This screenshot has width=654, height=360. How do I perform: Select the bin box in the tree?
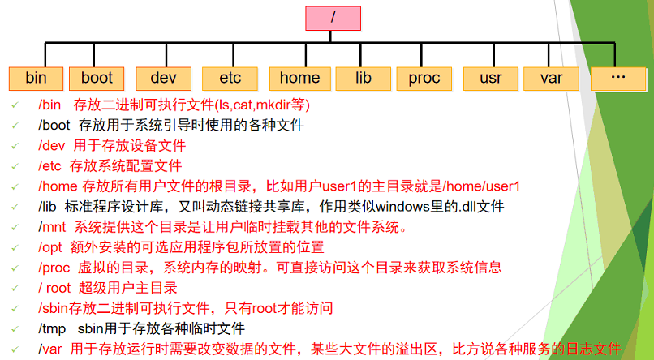tap(37, 78)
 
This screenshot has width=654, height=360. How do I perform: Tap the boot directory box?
tap(97, 78)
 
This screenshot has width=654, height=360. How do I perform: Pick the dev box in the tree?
tap(163, 78)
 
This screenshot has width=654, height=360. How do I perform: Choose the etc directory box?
tap(230, 78)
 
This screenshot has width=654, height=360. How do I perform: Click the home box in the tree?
tap(299, 78)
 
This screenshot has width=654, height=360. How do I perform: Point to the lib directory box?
tap(363, 78)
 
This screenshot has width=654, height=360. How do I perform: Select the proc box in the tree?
tap(424, 78)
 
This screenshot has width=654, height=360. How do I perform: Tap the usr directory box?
tap(491, 78)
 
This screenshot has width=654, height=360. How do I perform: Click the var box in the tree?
tap(552, 78)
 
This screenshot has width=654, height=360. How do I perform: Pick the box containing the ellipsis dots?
tap(618, 77)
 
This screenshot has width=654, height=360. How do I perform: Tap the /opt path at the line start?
tap(50, 247)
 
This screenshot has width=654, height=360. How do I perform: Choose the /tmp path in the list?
tap(52, 328)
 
